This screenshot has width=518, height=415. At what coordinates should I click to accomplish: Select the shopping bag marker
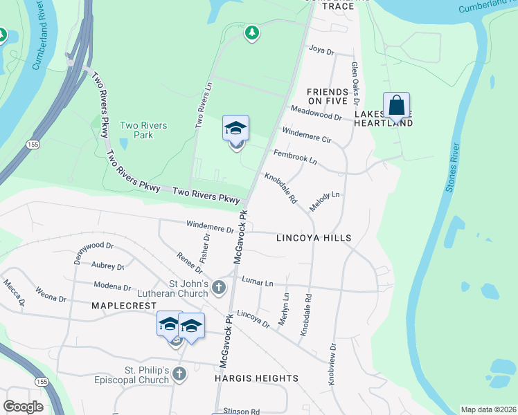tap(396, 106)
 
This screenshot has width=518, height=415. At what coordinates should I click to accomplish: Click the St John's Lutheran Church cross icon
tap(219, 286)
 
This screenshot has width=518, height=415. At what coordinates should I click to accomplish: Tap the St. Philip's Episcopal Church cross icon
tap(179, 374)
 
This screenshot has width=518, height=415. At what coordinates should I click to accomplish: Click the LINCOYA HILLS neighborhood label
tap(314, 238)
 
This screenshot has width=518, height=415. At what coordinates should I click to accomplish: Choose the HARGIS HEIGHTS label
tap(256, 378)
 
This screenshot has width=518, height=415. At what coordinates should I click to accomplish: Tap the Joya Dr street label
tap(321, 50)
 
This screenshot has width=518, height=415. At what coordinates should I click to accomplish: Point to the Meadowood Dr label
tap(316, 113)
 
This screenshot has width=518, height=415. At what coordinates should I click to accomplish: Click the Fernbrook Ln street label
tap(295, 156)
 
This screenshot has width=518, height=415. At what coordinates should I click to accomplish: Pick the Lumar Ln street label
tap(258, 281)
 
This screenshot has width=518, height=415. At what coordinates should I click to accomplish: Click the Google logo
tap(23, 407)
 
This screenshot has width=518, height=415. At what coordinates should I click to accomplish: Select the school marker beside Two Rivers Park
tap(235, 129)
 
